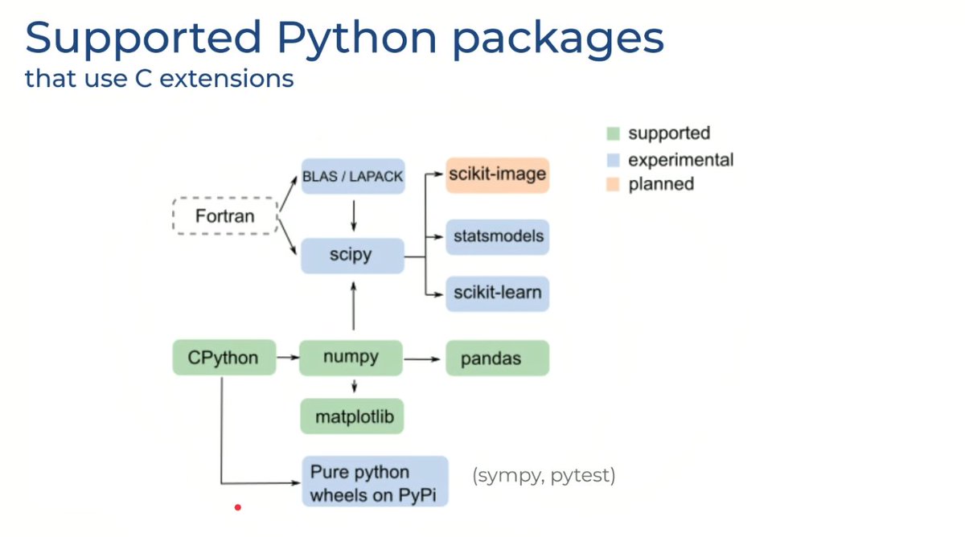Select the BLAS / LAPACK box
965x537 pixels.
pyautogui.click(x=353, y=176)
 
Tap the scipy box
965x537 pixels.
pyautogui.click(x=352, y=256)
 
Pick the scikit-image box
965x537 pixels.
pyautogui.click(x=498, y=175)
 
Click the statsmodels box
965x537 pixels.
pyautogui.click(x=498, y=237)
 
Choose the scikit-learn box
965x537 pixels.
pyautogui.click(x=498, y=293)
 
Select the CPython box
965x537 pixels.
pyautogui.click(x=224, y=357)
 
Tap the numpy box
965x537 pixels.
pyautogui.click(x=351, y=358)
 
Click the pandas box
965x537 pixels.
pyautogui.click(x=498, y=358)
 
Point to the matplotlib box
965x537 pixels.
pyautogui.click(x=352, y=416)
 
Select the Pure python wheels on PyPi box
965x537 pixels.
pyautogui.click(x=375, y=481)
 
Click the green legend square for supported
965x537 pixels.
pyautogui.click(x=613, y=133)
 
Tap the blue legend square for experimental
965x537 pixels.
pyautogui.click(x=613, y=160)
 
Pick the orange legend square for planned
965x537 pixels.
pyautogui.click(x=613, y=184)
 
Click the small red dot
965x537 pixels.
pyautogui.click(x=238, y=507)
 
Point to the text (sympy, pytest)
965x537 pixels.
pyautogui.click(x=544, y=476)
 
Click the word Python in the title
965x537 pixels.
pyautogui.click(x=357, y=39)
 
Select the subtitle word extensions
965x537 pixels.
pyautogui.click(x=227, y=78)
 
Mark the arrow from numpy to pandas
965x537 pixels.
pyautogui.click(x=421, y=359)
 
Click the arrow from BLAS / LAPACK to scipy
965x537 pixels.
pyautogui.click(x=354, y=215)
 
